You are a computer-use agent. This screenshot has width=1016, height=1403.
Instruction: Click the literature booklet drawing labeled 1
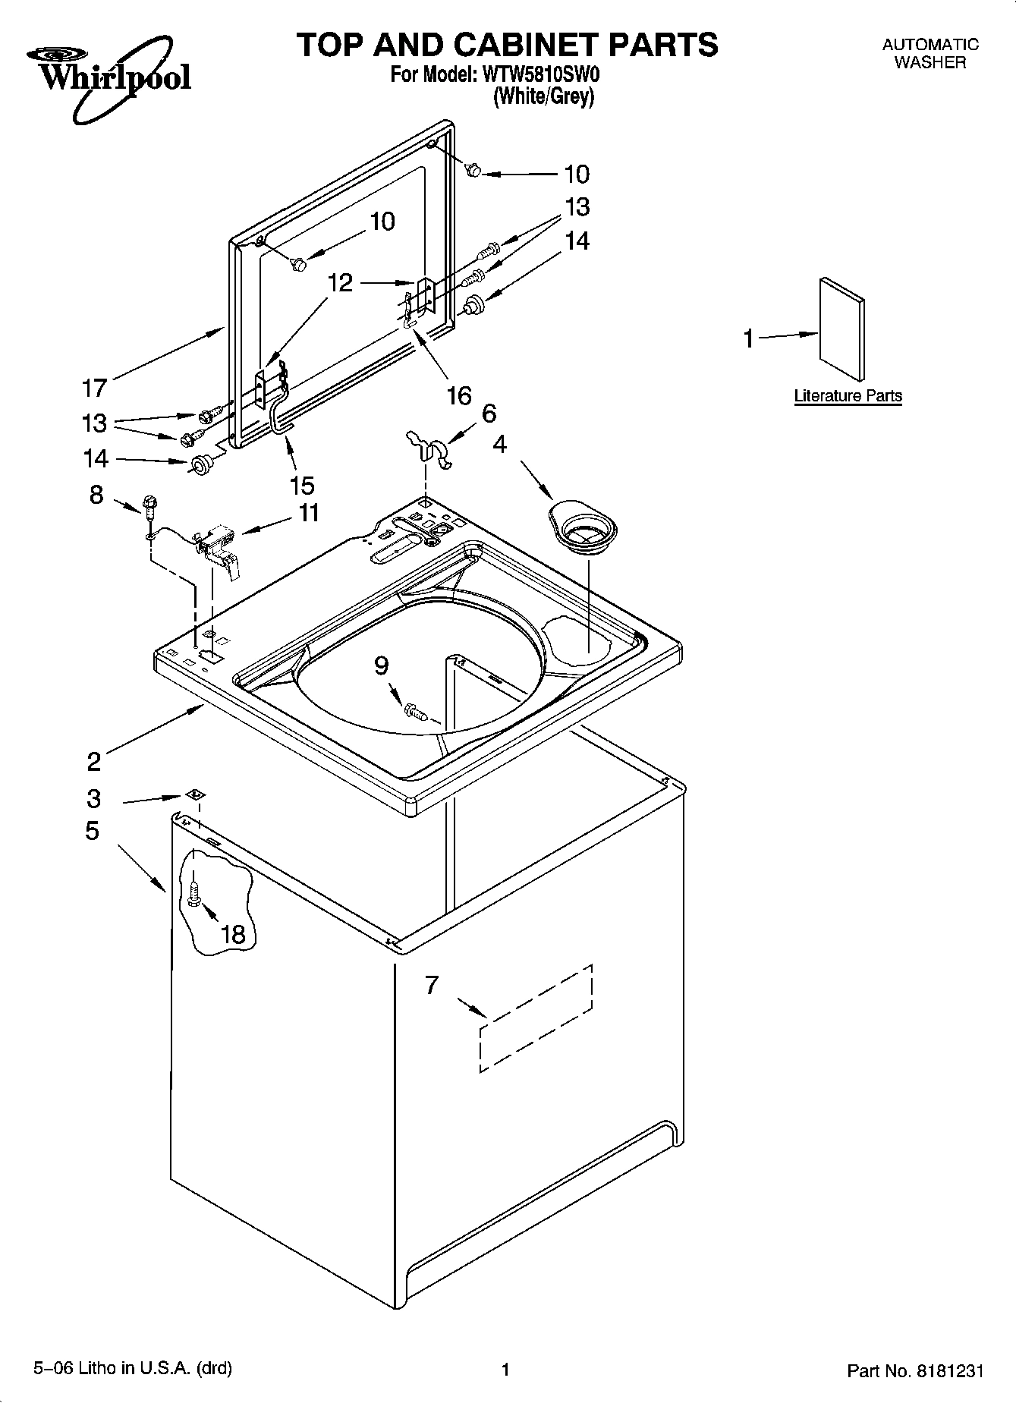point(841,328)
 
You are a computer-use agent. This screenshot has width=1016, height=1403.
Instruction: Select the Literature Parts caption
point(848,396)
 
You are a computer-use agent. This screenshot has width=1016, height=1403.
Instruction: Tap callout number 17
point(94,388)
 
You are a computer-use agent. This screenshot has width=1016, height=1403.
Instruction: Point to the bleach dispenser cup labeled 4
point(582,527)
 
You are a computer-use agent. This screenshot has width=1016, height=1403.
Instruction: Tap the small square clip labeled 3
point(195,794)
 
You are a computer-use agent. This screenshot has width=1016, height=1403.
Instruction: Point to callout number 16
point(460,395)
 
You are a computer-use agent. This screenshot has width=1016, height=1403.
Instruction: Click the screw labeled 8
point(149,506)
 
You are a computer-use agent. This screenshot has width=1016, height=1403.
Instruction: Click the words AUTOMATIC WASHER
point(930,54)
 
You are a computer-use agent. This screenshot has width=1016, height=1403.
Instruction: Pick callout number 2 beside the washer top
point(93,760)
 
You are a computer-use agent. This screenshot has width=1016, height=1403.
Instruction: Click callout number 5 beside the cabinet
point(92,831)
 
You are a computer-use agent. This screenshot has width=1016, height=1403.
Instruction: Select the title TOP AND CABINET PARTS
point(507,45)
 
